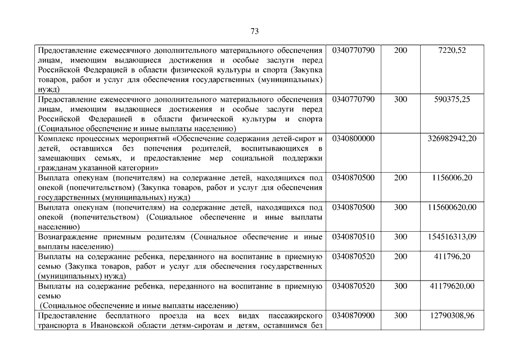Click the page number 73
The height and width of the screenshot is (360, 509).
pos(254,31)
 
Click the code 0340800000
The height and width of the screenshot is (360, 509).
pos(353,138)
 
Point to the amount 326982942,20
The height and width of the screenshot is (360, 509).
pos(452,138)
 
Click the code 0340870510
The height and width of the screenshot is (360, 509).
pos(353,237)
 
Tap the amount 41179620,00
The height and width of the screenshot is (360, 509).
pos(452,286)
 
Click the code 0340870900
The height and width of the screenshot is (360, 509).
pos(353,316)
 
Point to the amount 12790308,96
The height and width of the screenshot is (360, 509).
pos(452,316)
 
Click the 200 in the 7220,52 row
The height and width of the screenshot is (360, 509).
pos(400,51)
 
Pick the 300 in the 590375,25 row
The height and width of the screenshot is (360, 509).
pos(400,100)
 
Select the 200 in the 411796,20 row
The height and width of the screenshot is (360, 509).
pos(400,256)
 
